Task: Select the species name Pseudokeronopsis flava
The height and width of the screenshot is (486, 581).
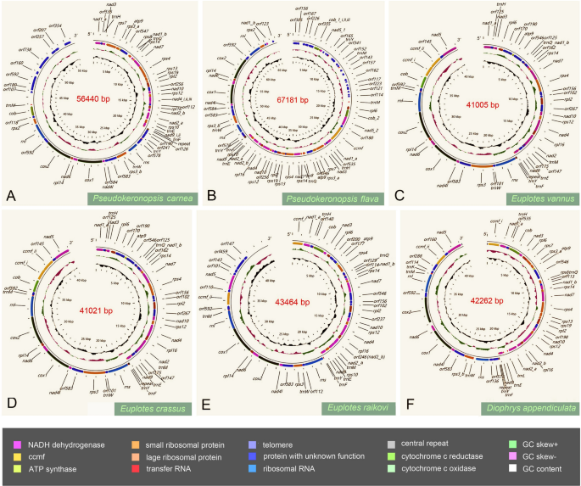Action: [x=333, y=199]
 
